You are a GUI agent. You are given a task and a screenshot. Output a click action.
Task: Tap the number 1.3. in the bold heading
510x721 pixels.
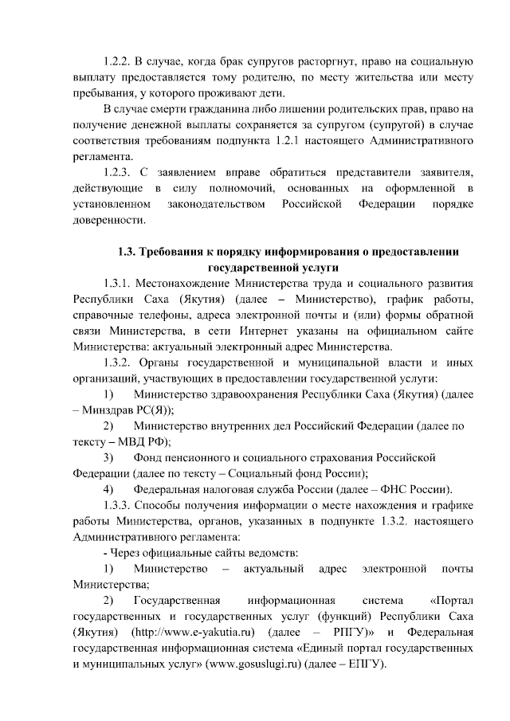tap(127, 252)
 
